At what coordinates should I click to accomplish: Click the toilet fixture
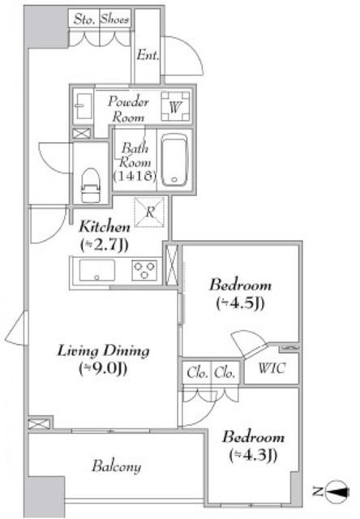[x=90, y=185]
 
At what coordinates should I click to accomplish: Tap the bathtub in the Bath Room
[x=174, y=161]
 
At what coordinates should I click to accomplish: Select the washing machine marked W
[x=175, y=106]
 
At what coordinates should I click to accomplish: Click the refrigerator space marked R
[x=149, y=212]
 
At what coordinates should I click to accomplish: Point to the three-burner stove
[x=144, y=271]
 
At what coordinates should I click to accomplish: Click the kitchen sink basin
[x=97, y=270]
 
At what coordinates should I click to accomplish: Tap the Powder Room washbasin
[x=83, y=106]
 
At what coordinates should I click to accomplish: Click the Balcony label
[x=117, y=467]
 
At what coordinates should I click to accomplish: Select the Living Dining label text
[x=103, y=351]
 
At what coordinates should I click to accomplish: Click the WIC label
[x=272, y=368]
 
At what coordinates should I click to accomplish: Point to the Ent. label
[x=148, y=55]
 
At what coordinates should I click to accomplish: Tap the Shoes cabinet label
[x=114, y=19]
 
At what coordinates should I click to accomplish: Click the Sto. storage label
[x=84, y=19]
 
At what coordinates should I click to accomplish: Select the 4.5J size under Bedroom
[x=240, y=303]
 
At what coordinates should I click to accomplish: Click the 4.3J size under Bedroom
[x=253, y=456]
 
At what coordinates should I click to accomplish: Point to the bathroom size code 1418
[x=135, y=175]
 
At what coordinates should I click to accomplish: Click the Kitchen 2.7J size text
[x=104, y=245]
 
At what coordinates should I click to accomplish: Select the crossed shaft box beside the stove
[x=172, y=265]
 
